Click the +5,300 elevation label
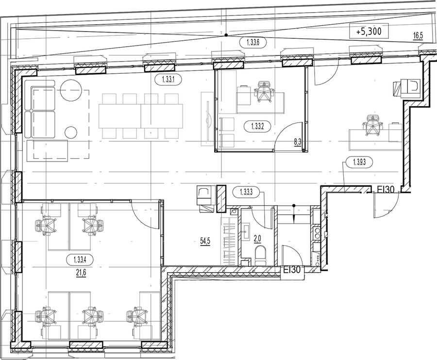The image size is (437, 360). pos(369,32)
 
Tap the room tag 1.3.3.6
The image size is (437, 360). pos(253,43)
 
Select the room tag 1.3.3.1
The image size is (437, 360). pos(168,80)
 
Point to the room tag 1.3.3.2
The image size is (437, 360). pos(257,127)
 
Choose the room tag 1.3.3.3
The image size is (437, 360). pos(246,192)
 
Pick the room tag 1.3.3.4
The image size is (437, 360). pos(80,261)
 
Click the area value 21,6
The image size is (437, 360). pos(80,273)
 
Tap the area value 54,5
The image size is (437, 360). pos(205,240)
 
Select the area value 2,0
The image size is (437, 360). pos(257,239)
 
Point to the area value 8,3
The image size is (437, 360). pos(297,143)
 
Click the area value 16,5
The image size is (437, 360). pos(419,35)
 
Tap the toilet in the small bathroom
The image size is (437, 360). pos(261,255)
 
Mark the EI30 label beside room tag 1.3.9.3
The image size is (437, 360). pos(386,189)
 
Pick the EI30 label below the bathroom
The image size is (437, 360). pos(292,270)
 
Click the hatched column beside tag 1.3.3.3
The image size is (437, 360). pos(221,199)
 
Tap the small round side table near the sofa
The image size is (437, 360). pos(71,132)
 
